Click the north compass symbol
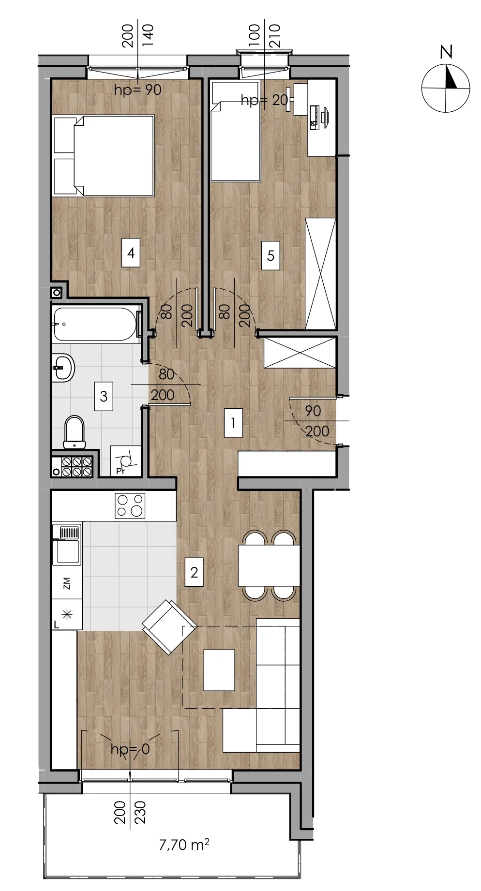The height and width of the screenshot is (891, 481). coord(446,82)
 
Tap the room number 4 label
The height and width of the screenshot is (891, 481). coord(131,252)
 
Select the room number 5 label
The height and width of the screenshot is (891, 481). coord(271,255)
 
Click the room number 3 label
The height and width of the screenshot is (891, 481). coord(104,396)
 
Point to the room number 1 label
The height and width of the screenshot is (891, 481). coord(233,423)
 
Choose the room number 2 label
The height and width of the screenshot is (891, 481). coord(194,572)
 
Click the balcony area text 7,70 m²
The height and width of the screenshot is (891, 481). coord(184,845)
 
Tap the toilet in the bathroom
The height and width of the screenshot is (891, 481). coord(74,432)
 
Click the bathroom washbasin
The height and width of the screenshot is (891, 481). coord(63,368)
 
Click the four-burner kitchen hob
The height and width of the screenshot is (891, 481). coord(130,505)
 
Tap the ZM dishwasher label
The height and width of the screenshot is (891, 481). coord(67,583)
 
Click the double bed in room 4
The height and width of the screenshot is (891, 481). coord(104,156)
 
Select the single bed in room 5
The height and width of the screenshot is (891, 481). coord(235,131)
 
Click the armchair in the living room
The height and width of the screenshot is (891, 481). coord(169,627)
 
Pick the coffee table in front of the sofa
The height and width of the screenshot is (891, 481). coord(219,670)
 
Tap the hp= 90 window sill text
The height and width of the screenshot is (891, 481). coord(137,90)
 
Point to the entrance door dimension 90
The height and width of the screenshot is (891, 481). coord(313,411)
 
